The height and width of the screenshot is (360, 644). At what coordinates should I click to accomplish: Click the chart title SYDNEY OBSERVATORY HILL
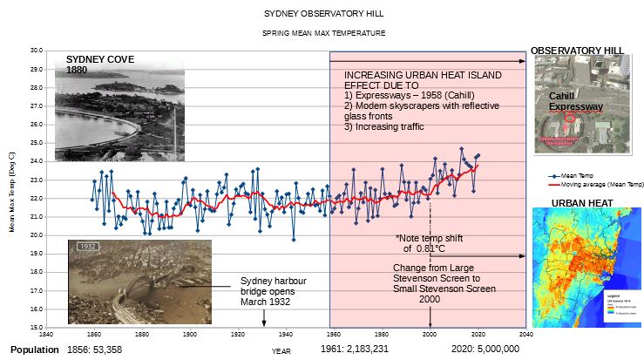pyautogui.click(x=322, y=14)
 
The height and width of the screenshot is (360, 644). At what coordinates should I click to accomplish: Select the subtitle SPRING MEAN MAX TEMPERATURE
pyautogui.click(x=323, y=33)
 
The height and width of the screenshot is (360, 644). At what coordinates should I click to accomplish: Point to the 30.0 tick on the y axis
pyautogui.click(x=36, y=51)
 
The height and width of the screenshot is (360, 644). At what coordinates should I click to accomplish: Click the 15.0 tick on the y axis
pyautogui.click(x=36, y=327)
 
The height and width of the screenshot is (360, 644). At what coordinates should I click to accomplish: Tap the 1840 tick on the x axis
pyautogui.click(x=45, y=334)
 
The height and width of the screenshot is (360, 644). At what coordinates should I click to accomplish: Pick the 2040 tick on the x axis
pyautogui.click(x=525, y=334)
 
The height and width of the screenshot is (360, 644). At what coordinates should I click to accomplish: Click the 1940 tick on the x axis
pyautogui.click(x=286, y=334)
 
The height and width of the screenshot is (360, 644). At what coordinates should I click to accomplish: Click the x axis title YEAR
pyautogui.click(x=281, y=350)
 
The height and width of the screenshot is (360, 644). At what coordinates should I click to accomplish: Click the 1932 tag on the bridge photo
pyautogui.click(x=86, y=246)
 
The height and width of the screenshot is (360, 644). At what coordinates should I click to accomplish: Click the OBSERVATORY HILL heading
pyautogui.click(x=577, y=51)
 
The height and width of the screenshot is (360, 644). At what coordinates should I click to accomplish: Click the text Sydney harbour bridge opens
pyautogui.click(x=273, y=286)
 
